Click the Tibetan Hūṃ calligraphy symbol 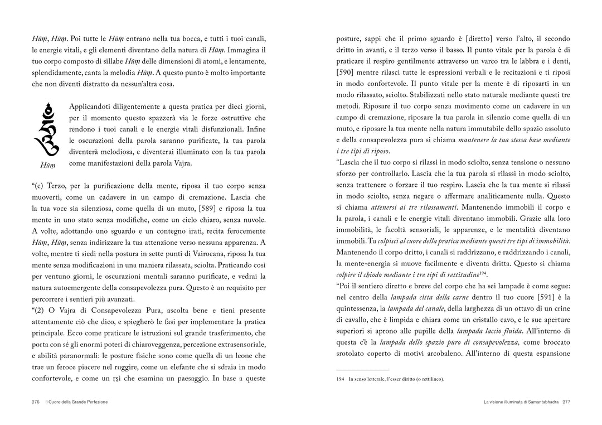[47, 130]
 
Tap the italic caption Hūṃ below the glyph [47, 165]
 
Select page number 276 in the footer [35, 402]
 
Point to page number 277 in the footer [566, 402]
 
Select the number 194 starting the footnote [340, 379]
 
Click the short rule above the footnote [362, 369]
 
